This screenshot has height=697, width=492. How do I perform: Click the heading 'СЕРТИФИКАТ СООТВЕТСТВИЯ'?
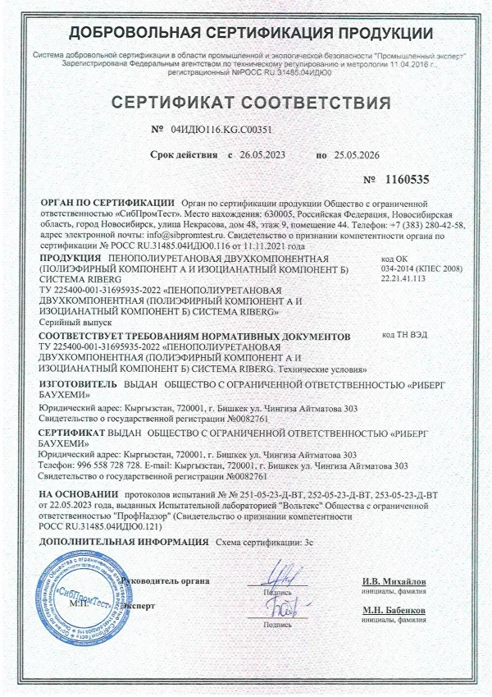point(245,104)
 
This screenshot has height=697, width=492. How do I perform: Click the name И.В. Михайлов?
point(394,581)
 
